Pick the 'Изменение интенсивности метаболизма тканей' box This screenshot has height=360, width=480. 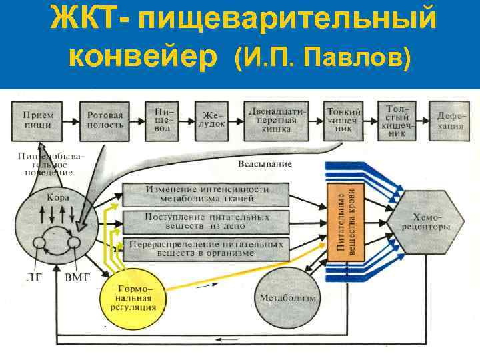(207, 194)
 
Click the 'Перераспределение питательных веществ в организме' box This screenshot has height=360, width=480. (207, 249)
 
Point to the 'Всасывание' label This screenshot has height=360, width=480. (265, 164)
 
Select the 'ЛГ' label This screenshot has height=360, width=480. (31, 276)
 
